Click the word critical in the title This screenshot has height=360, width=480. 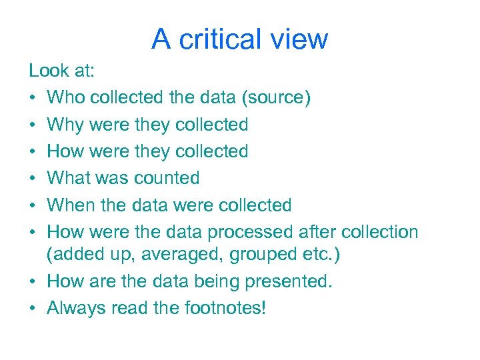click(x=220, y=39)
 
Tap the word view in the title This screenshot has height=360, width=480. click(x=299, y=39)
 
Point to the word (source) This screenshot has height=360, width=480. click(x=276, y=98)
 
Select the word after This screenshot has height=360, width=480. click(x=314, y=232)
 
